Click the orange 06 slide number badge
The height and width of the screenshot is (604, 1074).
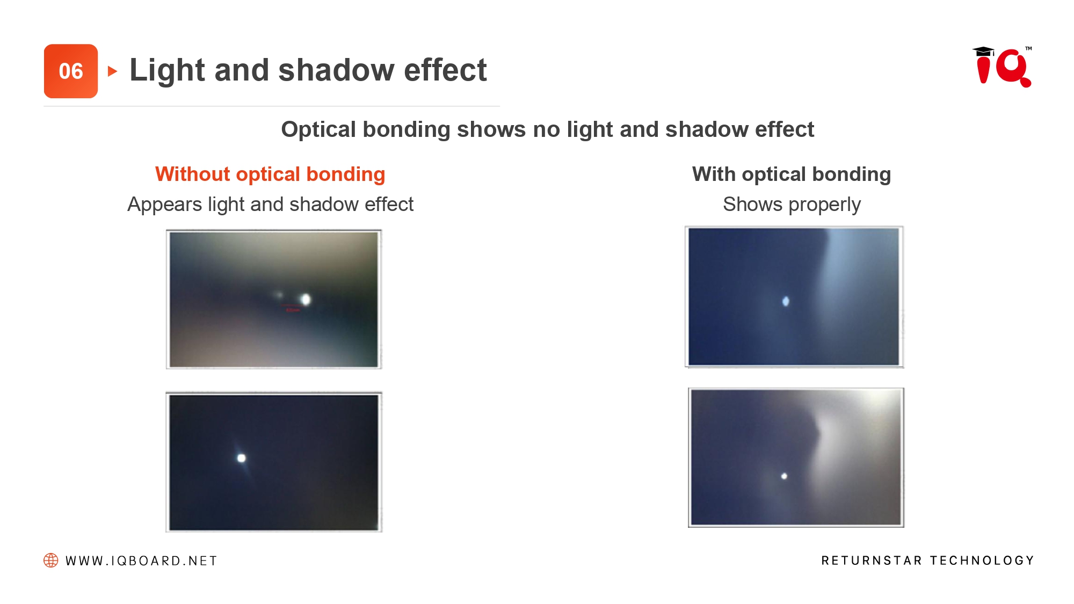71,71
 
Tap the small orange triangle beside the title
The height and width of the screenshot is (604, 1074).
113,71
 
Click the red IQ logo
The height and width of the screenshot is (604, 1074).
1002,67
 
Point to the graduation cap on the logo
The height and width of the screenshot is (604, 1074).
983,51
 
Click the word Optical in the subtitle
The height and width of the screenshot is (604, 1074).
319,129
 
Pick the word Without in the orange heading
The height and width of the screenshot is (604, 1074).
193,174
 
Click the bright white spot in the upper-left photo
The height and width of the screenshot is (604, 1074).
306,299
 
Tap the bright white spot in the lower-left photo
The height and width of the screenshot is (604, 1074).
242,458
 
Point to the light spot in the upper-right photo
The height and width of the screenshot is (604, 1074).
786,301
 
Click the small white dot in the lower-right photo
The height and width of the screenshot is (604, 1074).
784,476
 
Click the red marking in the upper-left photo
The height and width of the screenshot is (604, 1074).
292,308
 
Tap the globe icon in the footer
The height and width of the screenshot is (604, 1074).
51,561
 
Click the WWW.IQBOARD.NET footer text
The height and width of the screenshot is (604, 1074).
141,561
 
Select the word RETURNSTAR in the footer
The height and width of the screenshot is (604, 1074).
872,561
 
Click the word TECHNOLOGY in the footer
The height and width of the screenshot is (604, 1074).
982,561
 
